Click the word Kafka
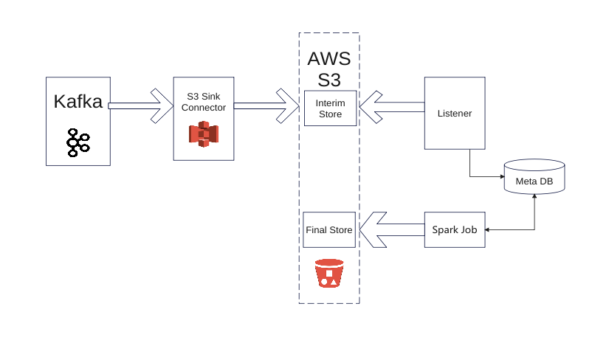[x=78, y=103]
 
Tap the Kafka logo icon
[x=78, y=142]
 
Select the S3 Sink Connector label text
[x=203, y=101]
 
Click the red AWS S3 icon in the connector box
[x=204, y=134]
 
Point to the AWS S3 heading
[x=328, y=69]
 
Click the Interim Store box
[x=329, y=108]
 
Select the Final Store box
[x=328, y=230]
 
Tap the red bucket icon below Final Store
[x=329, y=273]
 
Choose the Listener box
[x=454, y=114]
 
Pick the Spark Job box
[x=454, y=229]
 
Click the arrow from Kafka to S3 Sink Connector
[x=140, y=106]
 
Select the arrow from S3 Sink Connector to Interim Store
[x=266, y=106]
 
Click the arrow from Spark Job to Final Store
[x=391, y=229]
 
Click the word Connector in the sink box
[x=203, y=107]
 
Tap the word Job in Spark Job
[x=468, y=229]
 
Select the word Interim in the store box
[x=329, y=103]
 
